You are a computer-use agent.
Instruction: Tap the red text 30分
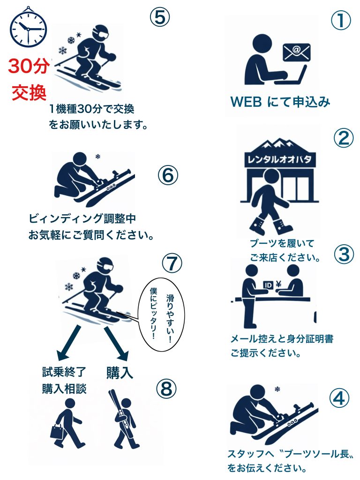point(29,66)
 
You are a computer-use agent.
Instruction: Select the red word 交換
point(29,92)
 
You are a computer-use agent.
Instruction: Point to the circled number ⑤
point(159,17)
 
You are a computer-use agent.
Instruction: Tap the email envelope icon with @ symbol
point(296,52)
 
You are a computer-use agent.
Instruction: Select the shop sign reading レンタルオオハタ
point(279,159)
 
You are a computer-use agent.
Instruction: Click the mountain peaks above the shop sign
point(279,145)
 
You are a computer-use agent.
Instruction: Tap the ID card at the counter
point(268,285)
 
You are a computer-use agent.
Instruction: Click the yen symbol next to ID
point(278,285)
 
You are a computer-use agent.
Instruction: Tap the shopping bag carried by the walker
point(57,431)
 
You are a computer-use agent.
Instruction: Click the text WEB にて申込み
point(280,102)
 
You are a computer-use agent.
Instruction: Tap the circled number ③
point(344,255)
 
